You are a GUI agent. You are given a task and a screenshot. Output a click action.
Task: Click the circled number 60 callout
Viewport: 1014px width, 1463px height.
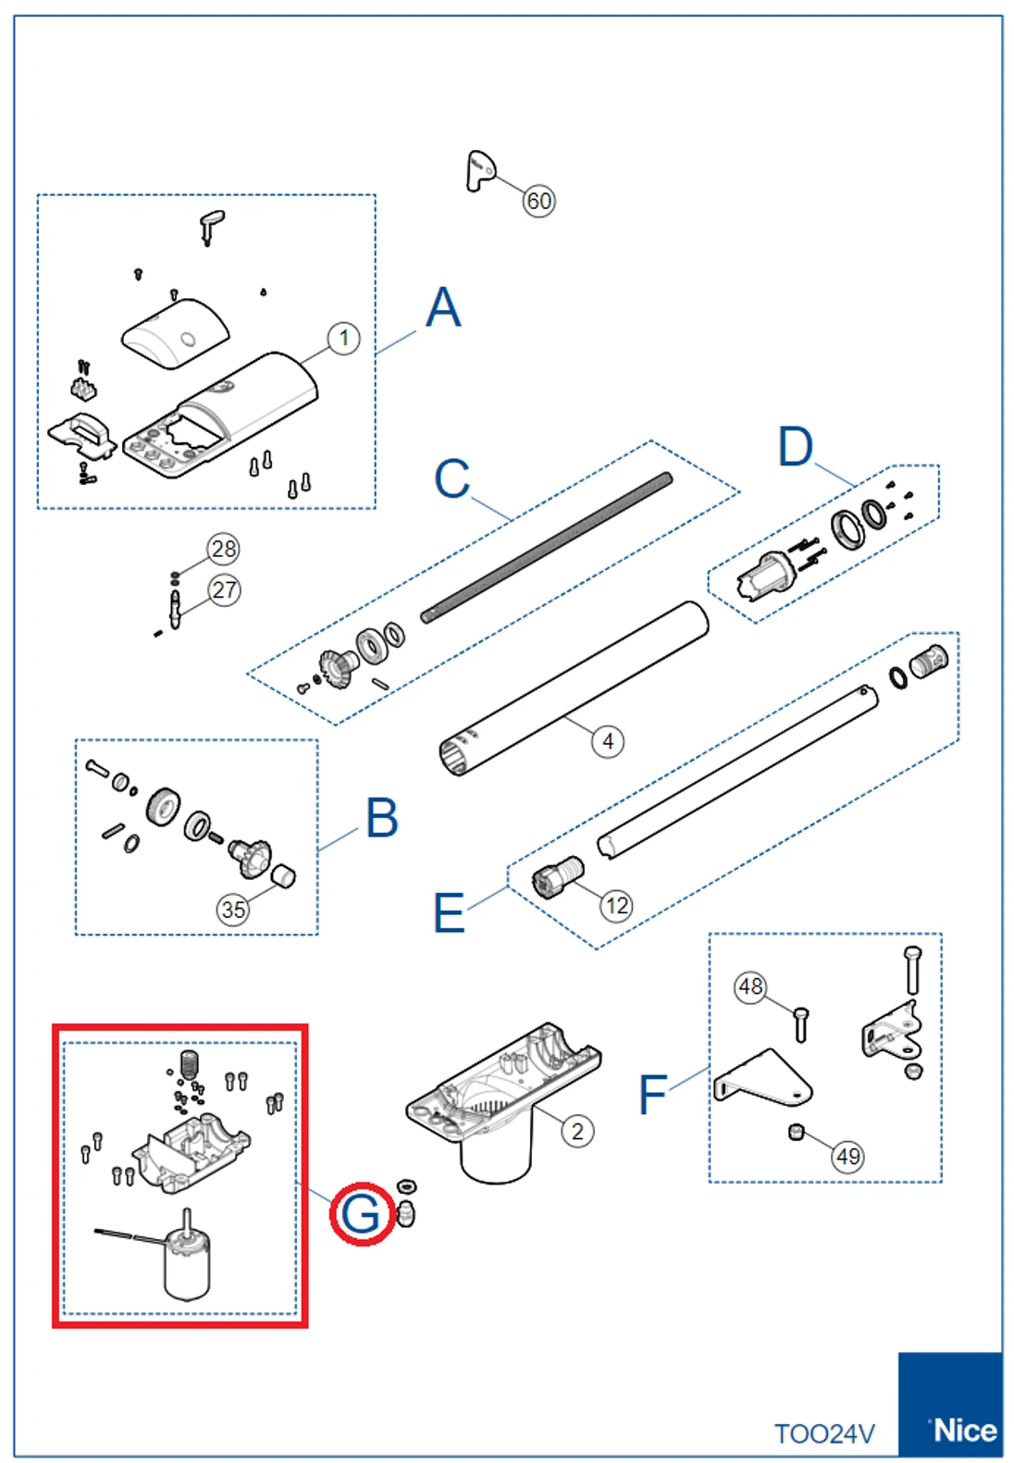pyautogui.click(x=538, y=201)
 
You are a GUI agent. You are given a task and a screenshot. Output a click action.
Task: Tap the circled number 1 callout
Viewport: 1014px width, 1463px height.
pyautogui.click(x=344, y=338)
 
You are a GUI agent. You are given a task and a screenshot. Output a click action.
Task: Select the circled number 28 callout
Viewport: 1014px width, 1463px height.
pyautogui.click(x=224, y=549)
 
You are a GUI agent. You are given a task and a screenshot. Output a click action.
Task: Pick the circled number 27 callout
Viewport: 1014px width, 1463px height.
pyautogui.click(x=224, y=589)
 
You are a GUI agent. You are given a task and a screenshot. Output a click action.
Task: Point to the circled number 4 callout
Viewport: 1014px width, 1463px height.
pyautogui.click(x=607, y=741)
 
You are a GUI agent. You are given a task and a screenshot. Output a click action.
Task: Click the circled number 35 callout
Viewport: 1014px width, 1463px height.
pyautogui.click(x=233, y=910)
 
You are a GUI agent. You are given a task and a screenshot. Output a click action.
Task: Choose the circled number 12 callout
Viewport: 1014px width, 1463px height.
pyautogui.click(x=616, y=905)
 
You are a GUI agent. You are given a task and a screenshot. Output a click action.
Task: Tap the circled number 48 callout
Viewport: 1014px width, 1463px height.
pyautogui.click(x=750, y=986)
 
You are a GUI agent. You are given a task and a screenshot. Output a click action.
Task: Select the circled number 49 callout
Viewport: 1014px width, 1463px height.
pyautogui.click(x=847, y=1156)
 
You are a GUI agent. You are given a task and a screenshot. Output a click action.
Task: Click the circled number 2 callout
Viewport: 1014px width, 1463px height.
pyautogui.click(x=577, y=1131)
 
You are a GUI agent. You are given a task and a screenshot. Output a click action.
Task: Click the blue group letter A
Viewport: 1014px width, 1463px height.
pyautogui.click(x=443, y=307)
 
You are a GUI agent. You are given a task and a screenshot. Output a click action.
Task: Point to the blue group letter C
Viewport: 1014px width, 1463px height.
pyautogui.click(x=451, y=478)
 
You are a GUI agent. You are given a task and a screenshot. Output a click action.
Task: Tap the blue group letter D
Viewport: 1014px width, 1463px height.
pyautogui.click(x=795, y=447)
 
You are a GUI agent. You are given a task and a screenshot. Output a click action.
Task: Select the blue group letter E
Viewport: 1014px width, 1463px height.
pyautogui.click(x=450, y=913)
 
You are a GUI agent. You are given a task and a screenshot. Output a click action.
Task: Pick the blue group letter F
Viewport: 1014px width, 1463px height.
pyautogui.click(x=652, y=1095)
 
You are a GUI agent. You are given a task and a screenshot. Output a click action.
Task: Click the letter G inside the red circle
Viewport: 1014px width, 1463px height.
pyautogui.click(x=361, y=1213)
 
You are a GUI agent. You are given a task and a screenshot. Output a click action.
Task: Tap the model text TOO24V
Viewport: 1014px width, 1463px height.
pyautogui.click(x=824, y=1433)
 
